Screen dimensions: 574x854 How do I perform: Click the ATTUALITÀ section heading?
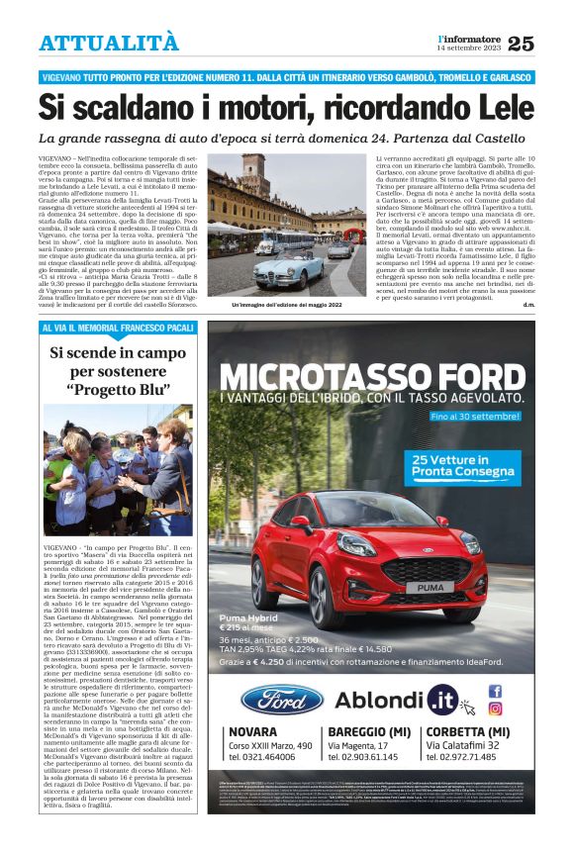(x=109, y=43)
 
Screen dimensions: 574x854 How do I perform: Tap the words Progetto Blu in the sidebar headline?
(x=118, y=390)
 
